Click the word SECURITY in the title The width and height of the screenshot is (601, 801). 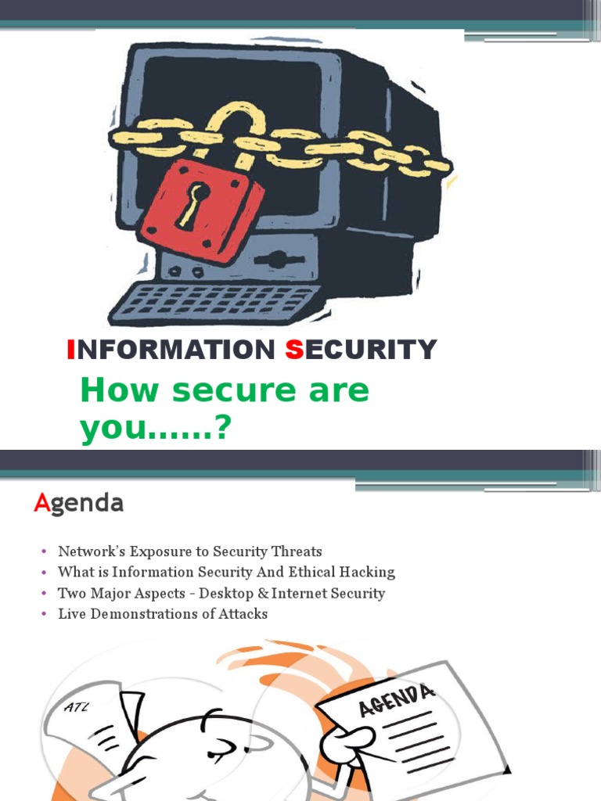(361, 350)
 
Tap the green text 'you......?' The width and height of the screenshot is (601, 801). (157, 427)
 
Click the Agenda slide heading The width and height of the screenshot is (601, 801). (78, 504)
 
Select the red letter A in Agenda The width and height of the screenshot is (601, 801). (41, 504)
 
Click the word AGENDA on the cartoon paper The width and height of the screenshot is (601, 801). (396, 700)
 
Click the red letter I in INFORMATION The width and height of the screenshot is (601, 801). (71, 350)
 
